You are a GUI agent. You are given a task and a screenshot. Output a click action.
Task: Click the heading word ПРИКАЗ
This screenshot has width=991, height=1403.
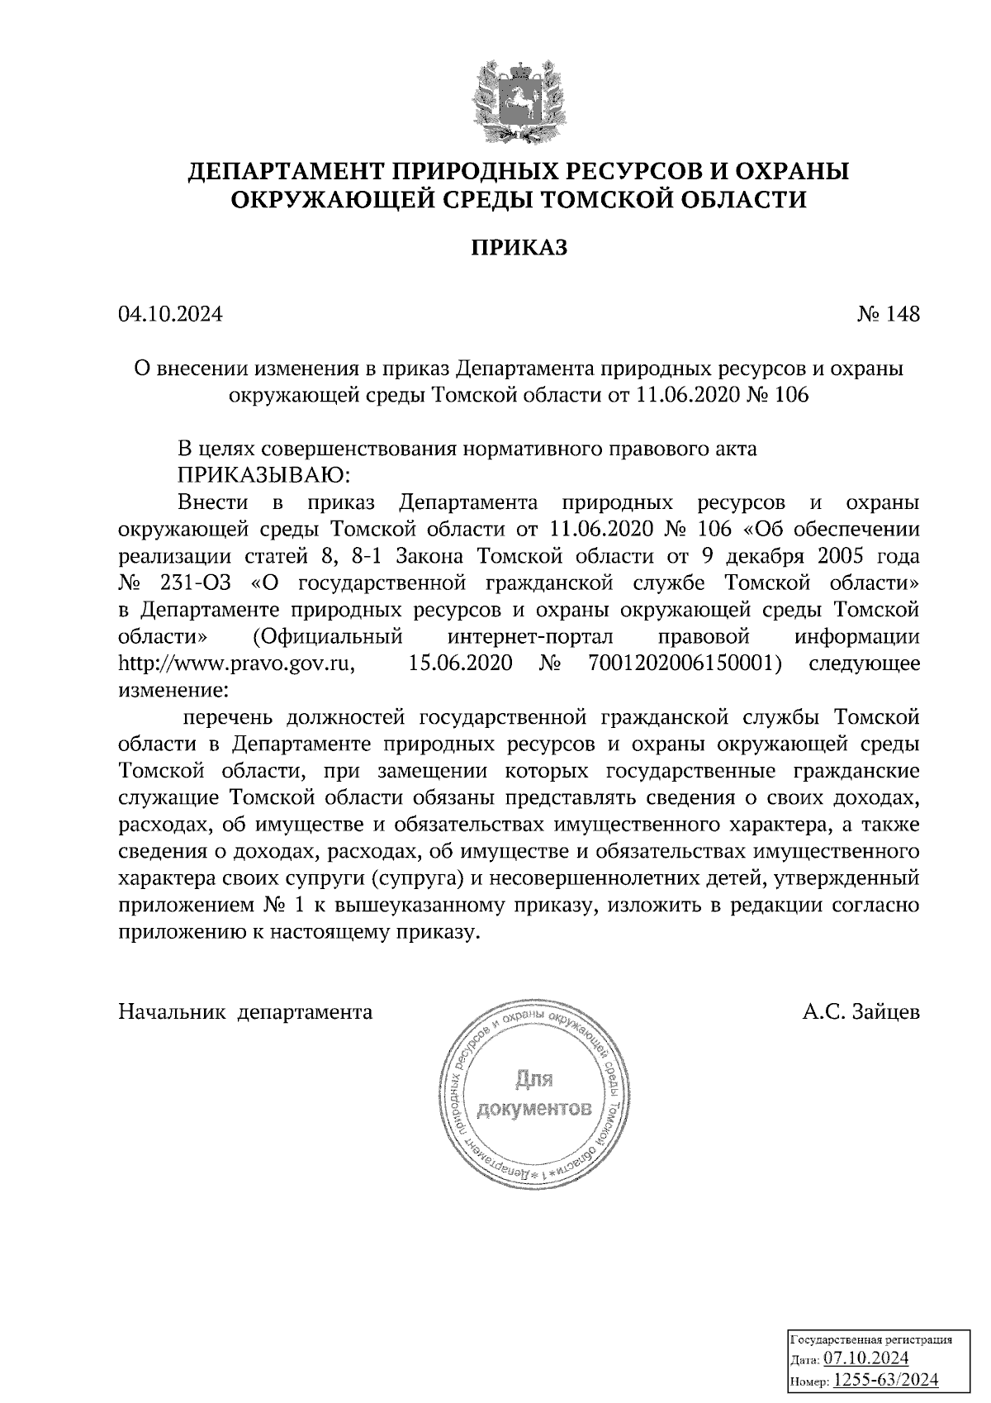pos(519,247)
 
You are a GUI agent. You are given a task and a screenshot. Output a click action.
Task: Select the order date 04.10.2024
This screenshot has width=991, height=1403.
pos(170,314)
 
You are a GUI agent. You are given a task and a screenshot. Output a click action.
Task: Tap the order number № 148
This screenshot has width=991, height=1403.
pos(888,314)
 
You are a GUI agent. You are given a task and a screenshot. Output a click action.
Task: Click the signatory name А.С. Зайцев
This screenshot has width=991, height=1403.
pos(861,1011)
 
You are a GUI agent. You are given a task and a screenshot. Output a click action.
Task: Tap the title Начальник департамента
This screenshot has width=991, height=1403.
pos(245,1011)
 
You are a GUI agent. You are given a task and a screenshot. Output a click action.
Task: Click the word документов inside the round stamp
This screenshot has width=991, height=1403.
pos(534,1108)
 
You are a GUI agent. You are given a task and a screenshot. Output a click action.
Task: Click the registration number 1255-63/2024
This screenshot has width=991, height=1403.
pos(885,1379)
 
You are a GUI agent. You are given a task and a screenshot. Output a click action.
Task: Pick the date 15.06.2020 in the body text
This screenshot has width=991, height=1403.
pos(460,663)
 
